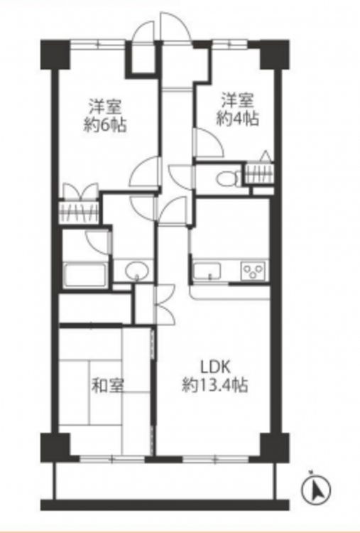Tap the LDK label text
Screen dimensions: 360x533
click(x=215, y=368)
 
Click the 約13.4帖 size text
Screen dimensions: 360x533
click(x=214, y=386)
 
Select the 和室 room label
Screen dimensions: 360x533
click(x=108, y=386)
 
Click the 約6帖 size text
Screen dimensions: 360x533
click(x=105, y=125)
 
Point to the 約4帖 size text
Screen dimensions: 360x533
click(x=238, y=119)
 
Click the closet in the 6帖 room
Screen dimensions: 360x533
click(x=79, y=212)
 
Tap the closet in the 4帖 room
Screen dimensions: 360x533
click(x=258, y=173)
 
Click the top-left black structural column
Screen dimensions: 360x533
click(x=55, y=55)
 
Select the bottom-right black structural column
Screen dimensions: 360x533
click(x=274, y=447)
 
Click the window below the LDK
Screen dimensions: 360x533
click(x=215, y=459)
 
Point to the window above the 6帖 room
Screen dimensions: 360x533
click(x=98, y=43)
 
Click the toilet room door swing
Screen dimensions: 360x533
click(x=182, y=178)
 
